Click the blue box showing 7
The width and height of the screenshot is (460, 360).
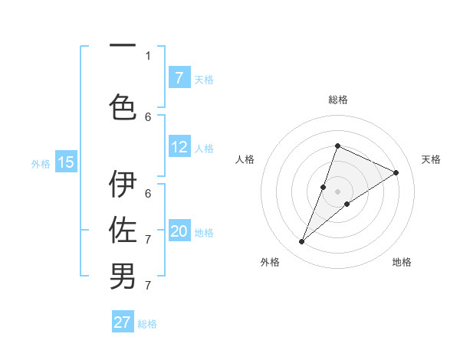pos(179,77)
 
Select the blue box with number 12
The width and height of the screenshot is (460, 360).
pos(179,147)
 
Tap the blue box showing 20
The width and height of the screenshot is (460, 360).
pos(179,231)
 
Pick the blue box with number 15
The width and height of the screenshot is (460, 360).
pos(66,162)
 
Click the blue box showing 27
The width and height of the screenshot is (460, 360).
pos(123,322)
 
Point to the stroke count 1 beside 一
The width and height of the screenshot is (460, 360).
pos(148,55)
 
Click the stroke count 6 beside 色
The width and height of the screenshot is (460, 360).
pos(148,116)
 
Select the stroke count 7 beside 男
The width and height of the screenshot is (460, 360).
pos(148,285)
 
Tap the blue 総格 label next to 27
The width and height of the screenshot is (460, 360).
pos(147,324)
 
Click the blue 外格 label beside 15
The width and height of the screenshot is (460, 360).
pos(40,163)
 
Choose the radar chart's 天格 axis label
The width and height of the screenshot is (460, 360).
pos(432,159)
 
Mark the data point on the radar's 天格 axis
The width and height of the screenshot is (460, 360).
pos(396,172)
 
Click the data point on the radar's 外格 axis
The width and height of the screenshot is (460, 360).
pos(302,242)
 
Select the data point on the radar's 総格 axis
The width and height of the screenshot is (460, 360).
pos(337,146)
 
